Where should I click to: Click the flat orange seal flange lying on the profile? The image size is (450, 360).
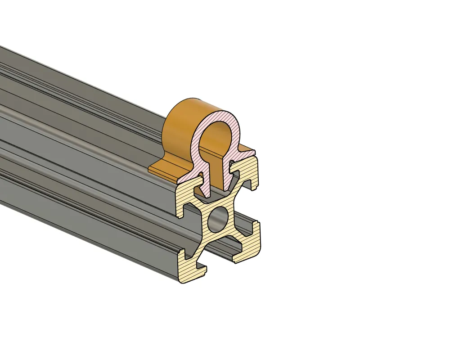point(162,170)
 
